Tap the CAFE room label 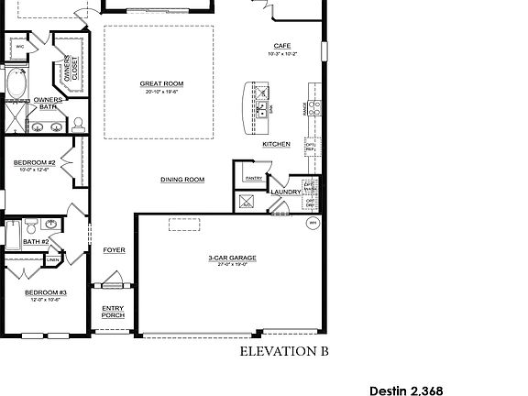pyautogui.click(x=281, y=46)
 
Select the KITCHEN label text pyautogui.click(x=276, y=144)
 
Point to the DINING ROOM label pyautogui.click(x=181, y=180)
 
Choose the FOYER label pyautogui.click(x=114, y=249)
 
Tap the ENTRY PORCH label pyautogui.click(x=113, y=312)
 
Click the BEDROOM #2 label pyautogui.click(x=35, y=162)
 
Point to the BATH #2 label pyautogui.click(x=36, y=241)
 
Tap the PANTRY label pyautogui.click(x=253, y=178)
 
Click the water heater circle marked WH pyautogui.click(x=311, y=222)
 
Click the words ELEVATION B pyautogui.click(x=283, y=350)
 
